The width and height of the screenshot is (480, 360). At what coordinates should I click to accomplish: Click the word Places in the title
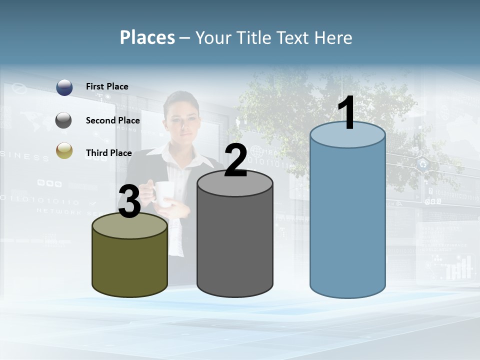pos(147,37)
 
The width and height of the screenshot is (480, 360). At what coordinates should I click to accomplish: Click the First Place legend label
pos(107,86)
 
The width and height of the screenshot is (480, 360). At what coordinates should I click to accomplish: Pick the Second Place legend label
pos(112,120)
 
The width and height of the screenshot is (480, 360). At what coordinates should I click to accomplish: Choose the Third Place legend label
pos(108,153)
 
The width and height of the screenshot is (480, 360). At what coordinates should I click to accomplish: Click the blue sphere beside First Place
pos(64,87)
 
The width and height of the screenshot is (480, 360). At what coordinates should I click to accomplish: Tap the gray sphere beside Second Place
pos(63,120)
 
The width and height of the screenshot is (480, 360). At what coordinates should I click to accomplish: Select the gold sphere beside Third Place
pos(64,150)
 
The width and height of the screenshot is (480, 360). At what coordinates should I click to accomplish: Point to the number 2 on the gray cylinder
pos(235,160)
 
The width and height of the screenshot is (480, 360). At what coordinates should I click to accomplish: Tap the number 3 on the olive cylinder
pos(129,201)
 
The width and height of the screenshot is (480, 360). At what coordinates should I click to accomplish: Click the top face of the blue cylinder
pos(347,137)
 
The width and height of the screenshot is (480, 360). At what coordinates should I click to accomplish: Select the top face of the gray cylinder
pos(235,184)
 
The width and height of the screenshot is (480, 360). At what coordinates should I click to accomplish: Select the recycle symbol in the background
pos(423,163)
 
